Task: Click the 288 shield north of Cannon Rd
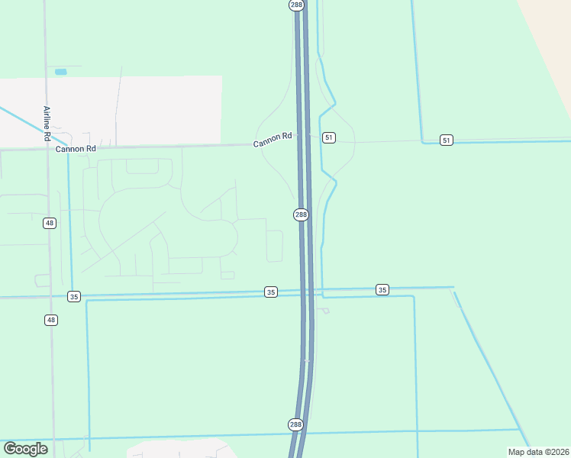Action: [x=297, y=5]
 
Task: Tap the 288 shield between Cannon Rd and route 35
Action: [x=301, y=214]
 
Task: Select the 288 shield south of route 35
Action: [x=296, y=424]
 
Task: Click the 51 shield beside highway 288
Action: [x=328, y=137]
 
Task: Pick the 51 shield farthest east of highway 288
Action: [x=447, y=140]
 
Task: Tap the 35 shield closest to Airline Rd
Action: [x=73, y=296]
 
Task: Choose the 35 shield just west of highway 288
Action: [x=271, y=292]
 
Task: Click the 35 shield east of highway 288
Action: [x=382, y=289]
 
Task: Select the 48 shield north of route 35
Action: [x=50, y=223]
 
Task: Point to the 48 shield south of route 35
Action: [x=50, y=320]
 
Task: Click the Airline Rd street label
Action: [x=47, y=124]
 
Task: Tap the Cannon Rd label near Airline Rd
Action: [x=76, y=149]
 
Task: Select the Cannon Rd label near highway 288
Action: [x=274, y=137]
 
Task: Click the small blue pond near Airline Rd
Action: [x=61, y=72]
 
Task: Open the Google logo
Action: [x=26, y=449]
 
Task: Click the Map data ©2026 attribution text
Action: [x=539, y=452]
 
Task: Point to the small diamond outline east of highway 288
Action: [x=326, y=311]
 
